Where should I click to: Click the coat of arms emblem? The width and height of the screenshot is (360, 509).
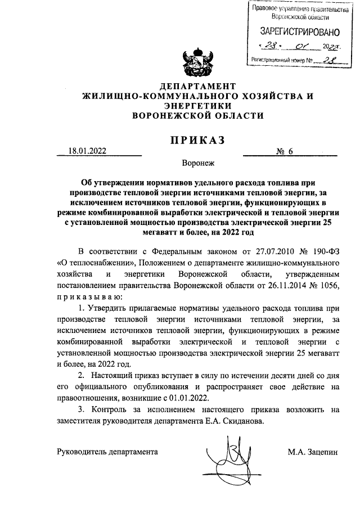coord(196,63)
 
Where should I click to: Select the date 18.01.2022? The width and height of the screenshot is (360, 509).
coord(87,151)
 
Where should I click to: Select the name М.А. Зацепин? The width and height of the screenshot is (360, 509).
coord(312,452)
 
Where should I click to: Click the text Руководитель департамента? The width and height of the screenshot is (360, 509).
coord(107,452)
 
